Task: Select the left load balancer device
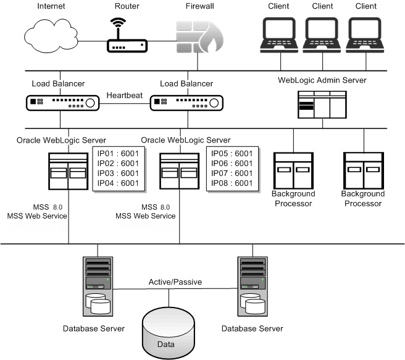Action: pyautogui.click(x=61, y=103)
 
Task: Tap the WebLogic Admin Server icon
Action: pyautogui.click(x=322, y=104)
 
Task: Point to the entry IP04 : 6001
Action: pyautogui.click(x=115, y=183)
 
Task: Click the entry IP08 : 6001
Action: pyautogui.click(x=232, y=183)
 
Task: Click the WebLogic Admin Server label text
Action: pyautogui.click(x=323, y=80)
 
